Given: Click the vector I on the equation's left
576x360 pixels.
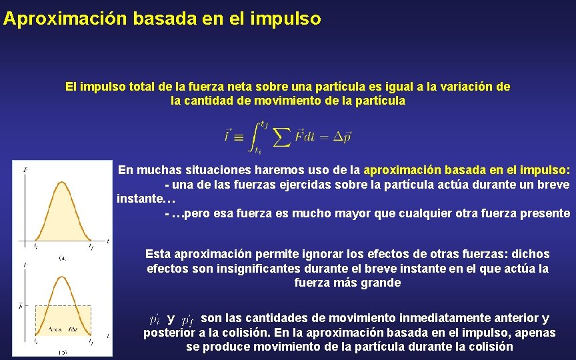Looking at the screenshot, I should (x=229, y=135).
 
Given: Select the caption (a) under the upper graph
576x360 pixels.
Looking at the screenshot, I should (x=62, y=256).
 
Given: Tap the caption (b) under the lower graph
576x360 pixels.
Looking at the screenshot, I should (x=62, y=352).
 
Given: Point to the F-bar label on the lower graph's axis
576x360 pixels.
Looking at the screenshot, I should (x=22, y=306).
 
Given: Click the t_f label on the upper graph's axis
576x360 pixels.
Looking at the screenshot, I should (x=91, y=247).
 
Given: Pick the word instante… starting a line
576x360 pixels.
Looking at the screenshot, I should (x=145, y=199).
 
